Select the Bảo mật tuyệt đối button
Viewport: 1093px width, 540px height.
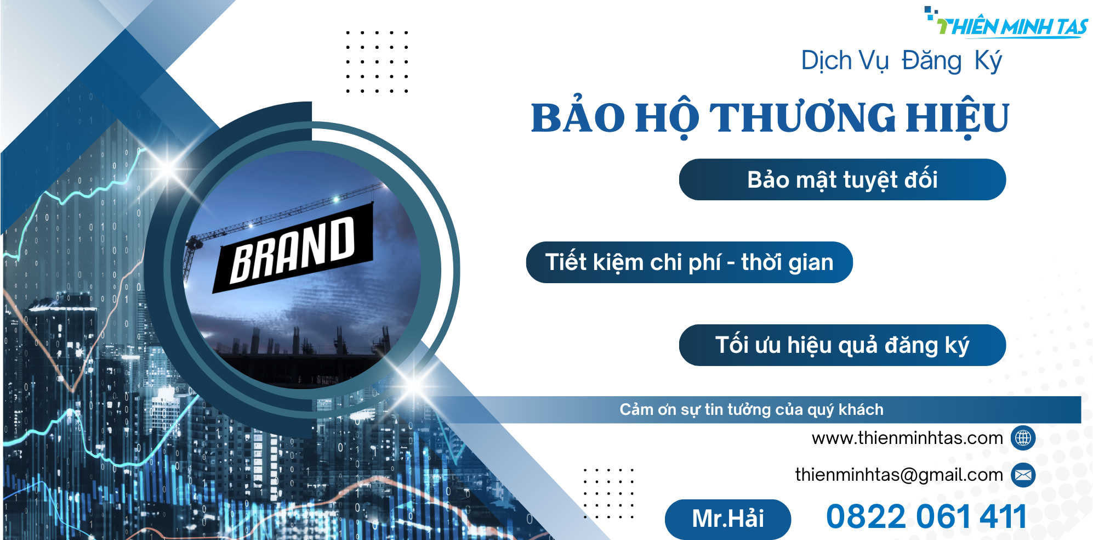[842, 179]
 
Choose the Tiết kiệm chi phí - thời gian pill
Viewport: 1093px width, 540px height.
[690, 262]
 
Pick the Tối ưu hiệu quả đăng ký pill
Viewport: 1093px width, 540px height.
[842, 345]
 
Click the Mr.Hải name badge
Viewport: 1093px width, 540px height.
[728, 519]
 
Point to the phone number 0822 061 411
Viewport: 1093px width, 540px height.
[926, 517]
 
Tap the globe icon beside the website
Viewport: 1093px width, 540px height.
[1023, 438]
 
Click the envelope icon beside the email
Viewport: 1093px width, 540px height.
[1023, 475]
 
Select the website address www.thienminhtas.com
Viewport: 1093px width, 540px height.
[907, 438]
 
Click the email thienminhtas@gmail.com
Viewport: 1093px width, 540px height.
[899, 475]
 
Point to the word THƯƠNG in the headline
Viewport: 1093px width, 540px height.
[802, 117]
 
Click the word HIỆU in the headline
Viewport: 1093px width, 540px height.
[957, 117]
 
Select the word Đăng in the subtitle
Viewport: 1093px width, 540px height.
[932, 60]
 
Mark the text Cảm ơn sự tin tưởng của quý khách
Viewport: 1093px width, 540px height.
[752, 410]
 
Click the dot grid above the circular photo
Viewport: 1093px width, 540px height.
[377, 61]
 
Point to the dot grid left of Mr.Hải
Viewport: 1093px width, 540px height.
[608, 493]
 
